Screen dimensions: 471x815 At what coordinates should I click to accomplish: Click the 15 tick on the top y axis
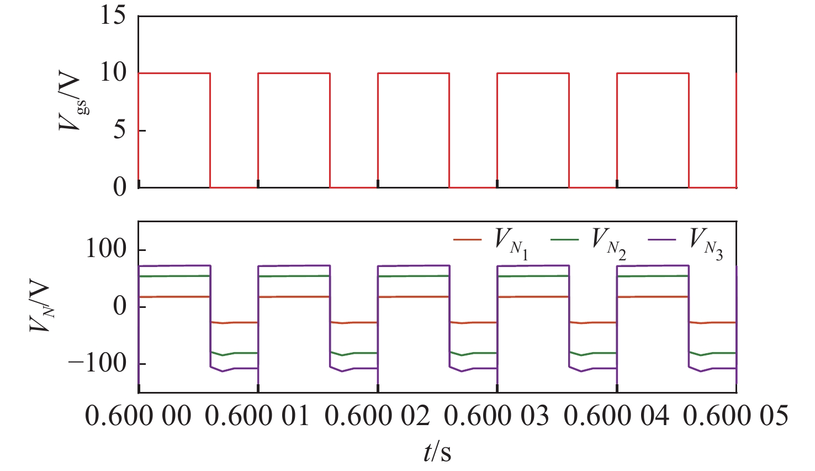click(x=113, y=16)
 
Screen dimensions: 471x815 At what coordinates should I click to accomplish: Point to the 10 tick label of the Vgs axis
click(x=113, y=73)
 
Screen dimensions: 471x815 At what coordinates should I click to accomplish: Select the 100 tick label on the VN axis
click(x=105, y=249)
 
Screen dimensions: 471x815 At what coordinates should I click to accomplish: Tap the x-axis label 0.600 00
click(x=138, y=416)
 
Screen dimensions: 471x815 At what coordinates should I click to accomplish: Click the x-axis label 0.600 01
click(x=258, y=416)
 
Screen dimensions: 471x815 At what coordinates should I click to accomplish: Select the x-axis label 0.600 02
click(x=378, y=416)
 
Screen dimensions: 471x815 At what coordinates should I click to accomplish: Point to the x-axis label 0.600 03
click(x=497, y=416)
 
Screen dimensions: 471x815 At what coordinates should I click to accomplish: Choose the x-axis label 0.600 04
click(x=617, y=416)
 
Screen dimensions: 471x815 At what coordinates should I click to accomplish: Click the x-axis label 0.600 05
click(x=736, y=416)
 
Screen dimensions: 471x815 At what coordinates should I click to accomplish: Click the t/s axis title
click(x=437, y=452)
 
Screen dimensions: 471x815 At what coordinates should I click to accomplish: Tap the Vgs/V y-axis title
click(x=72, y=102)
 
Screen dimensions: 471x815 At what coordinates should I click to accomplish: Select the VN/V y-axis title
click(x=41, y=307)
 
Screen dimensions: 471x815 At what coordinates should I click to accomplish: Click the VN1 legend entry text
click(x=511, y=244)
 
